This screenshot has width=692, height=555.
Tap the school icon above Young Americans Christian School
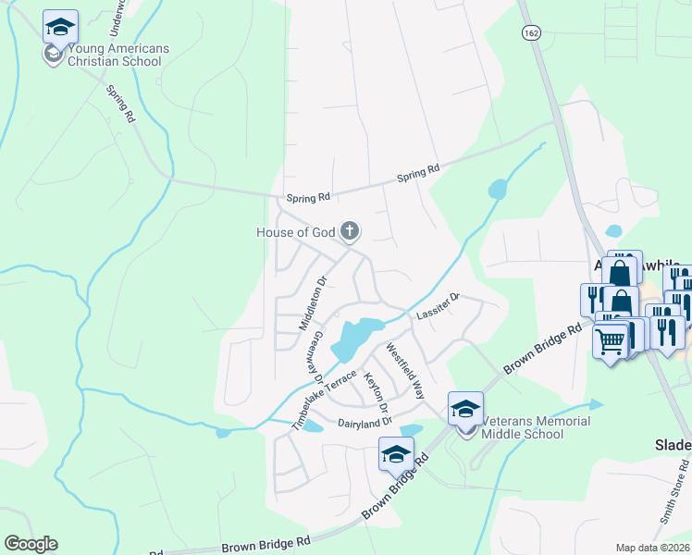click(x=60, y=27)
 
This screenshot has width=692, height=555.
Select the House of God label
click(x=294, y=232)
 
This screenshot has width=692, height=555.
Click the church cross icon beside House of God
click(x=350, y=230)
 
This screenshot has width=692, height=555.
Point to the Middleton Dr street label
click(x=313, y=303)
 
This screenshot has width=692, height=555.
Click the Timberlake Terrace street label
click(x=324, y=400)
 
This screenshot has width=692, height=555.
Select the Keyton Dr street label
click(x=375, y=393)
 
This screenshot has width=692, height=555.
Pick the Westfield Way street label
click(x=404, y=371)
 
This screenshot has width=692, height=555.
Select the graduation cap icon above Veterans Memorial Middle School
click(x=465, y=407)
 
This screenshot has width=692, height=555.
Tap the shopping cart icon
click(x=610, y=342)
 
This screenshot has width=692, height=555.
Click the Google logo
click(x=31, y=544)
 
